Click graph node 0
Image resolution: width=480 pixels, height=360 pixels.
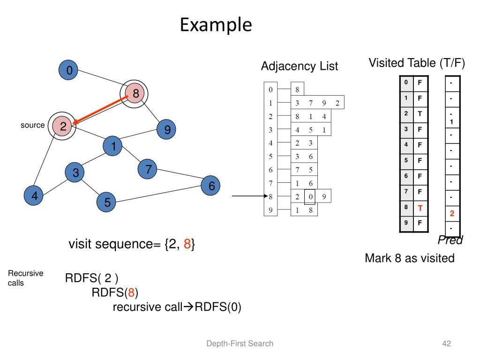pos(69,71)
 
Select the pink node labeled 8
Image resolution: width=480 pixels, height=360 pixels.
pos(135,94)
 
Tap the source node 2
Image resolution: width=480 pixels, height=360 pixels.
pos(62,126)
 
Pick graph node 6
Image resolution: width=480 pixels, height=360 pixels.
pos(211,186)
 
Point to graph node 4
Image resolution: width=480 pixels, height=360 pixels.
pos(34,196)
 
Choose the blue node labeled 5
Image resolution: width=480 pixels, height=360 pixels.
pos(107,202)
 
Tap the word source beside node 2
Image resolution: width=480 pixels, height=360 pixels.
pos(32,125)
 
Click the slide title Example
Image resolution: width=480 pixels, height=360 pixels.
pos(216,25)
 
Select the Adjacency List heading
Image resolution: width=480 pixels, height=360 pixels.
pos(299,67)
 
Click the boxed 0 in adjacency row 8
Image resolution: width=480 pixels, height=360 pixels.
pos(310,197)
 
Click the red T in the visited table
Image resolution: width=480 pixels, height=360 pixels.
pos(420,207)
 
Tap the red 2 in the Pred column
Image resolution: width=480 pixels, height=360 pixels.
pos(452,214)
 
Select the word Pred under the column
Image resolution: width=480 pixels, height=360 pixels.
pos(450,240)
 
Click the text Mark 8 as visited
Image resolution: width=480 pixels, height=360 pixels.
pos(409,258)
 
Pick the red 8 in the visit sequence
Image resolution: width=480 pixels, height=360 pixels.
pos(187,244)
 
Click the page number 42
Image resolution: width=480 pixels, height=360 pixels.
pos(446,344)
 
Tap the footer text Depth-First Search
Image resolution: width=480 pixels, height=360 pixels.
pos(240,344)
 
